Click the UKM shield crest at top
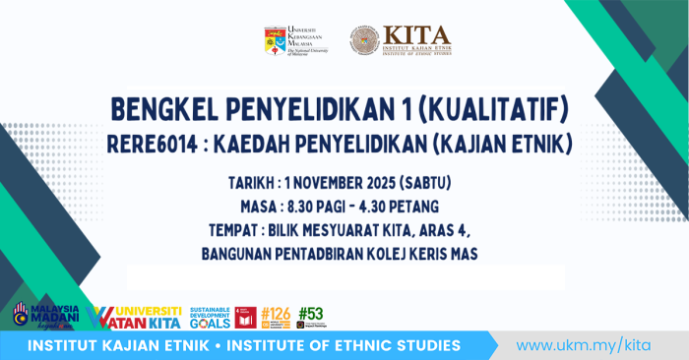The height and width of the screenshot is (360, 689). tap(275, 40)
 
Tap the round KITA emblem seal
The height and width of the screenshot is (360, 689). tap(364, 40)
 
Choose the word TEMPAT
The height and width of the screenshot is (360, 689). tap(237, 231)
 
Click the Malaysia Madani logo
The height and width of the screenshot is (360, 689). tap(40, 315)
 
